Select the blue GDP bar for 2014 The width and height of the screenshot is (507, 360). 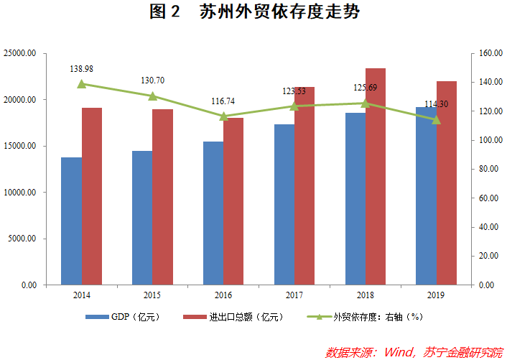pyautogui.click(x=71, y=221)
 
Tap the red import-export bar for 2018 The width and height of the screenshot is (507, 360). pyautogui.click(x=376, y=176)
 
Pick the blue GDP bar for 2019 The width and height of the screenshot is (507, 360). pyautogui.click(x=426, y=195)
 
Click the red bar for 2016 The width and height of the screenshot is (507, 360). pyautogui.click(x=233, y=201)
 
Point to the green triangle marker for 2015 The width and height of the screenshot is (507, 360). pyautogui.click(x=153, y=96)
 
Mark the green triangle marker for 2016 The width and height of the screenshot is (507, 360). pyautogui.click(x=224, y=116)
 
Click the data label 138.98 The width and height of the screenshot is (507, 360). pyautogui.click(x=82, y=69)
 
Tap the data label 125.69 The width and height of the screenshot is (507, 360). pyautogui.click(x=366, y=88)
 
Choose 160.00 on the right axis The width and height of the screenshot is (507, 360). pyautogui.click(x=487, y=53)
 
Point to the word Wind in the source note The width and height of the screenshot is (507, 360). pyautogui.click(x=399, y=352)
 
